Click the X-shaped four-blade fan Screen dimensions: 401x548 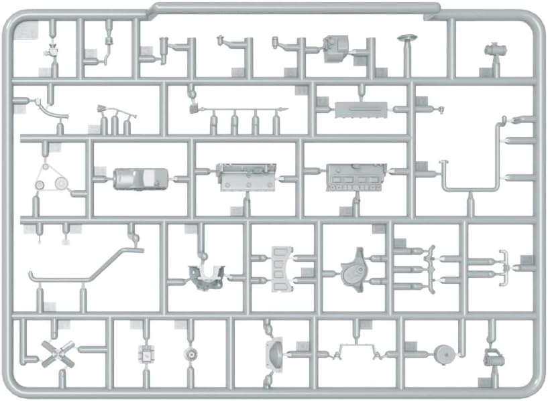pos(55,352)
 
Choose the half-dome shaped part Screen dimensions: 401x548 pos(274,353)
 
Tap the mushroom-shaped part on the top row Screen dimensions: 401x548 pos(406,41)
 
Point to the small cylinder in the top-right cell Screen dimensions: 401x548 pos(496,51)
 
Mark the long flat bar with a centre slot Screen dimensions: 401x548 pos(361,109)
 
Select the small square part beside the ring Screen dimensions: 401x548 pos(145,353)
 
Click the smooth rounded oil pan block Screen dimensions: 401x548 pos(134,179)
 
